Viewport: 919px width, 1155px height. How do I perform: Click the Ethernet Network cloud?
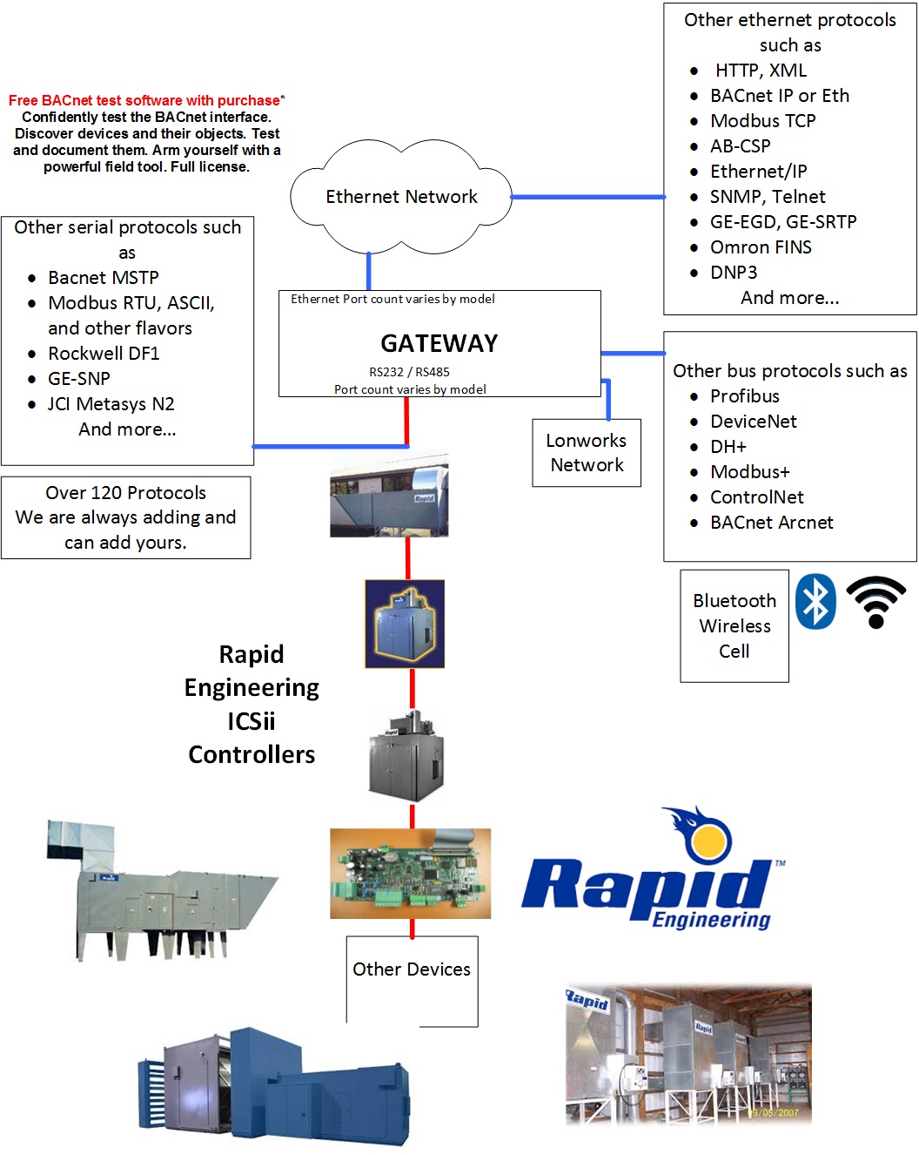pyautogui.click(x=401, y=197)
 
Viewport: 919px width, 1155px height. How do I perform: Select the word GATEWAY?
pyautogui.click(x=439, y=343)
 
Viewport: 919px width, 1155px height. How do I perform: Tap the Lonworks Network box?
pyautogui.click(x=587, y=453)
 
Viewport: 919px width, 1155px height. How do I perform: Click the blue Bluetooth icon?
pyautogui.click(x=816, y=601)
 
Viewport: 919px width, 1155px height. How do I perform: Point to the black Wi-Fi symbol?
pyautogui.click(x=875, y=602)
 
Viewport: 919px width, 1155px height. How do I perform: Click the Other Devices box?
pyautogui.click(x=412, y=969)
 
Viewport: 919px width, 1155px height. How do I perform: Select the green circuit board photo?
pyautogui.click(x=410, y=873)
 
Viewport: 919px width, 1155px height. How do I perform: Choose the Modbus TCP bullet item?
pyautogui.click(x=762, y=121)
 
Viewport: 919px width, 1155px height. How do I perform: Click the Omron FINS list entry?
pyautogui.click(x=760, y=247)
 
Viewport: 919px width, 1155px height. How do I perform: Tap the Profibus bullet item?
pyautogui.click(x=744, y=396)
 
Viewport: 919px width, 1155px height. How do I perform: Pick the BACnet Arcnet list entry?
pyautogui.click(x=771, y=523)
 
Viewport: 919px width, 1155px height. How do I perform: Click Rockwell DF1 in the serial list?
pyautogui.click(x=104, y=354)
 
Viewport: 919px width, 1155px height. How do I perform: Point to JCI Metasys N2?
pyautogui.click(x=111, y=404)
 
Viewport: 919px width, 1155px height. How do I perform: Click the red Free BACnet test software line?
pyautogui.click(x=144, y=101)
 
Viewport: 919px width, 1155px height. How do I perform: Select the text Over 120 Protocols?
pyautogui.click(x=125, y=493)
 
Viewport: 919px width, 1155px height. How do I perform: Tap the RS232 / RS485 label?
pyautogui.click(x=409, y=372)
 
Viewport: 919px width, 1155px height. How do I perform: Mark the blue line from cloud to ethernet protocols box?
pyautogui.click(x=587, y=197)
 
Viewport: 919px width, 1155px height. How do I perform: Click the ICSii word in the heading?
pyautogui.click(x=251, y=721)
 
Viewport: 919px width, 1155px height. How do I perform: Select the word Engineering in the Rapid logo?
pyautogui.click(x=711, y=920)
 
